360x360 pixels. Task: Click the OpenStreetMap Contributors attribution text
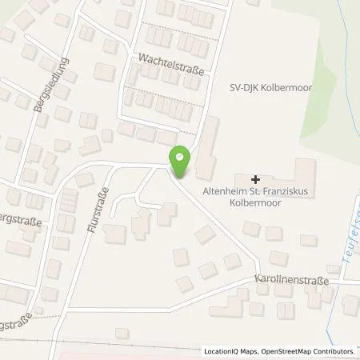coord(307,350)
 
